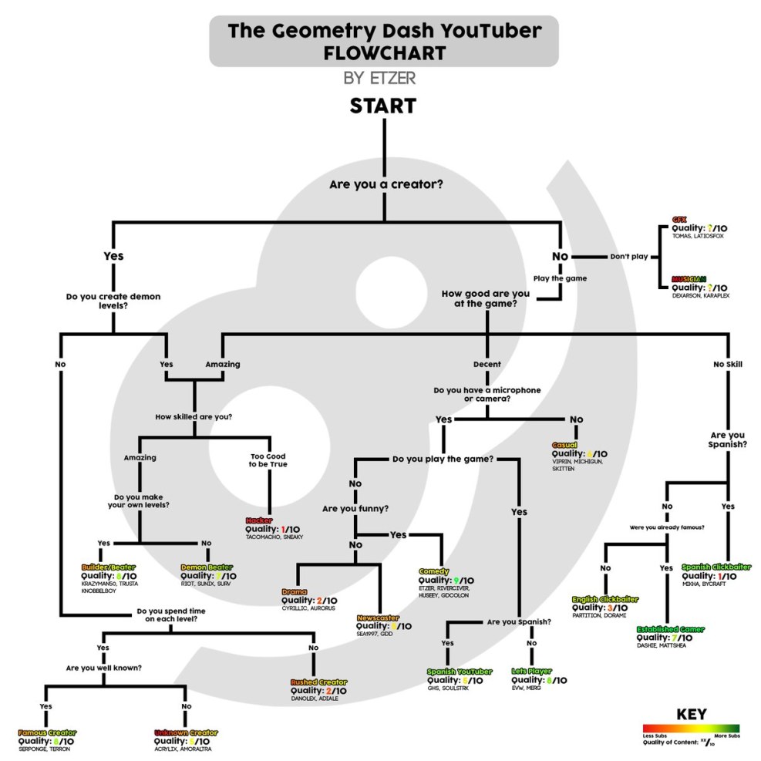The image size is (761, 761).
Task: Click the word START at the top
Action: click(383, 106)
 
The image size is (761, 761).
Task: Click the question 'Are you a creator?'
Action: click(386, 185)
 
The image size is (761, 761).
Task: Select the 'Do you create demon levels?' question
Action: click(113, 299)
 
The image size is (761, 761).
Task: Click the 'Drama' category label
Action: click(295, 591)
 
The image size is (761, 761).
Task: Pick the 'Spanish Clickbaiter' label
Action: click(716, 567)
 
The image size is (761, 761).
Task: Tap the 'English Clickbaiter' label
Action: click(605, 598)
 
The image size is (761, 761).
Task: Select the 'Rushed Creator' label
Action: click(318, 682)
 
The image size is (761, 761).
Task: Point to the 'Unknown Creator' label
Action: click(186, 732)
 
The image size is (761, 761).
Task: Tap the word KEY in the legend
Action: click(690, 714)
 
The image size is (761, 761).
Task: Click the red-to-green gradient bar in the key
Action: click(690, 728)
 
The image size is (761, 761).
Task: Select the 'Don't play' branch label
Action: click(628, 256)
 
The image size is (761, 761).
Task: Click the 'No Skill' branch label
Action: click(728, 364)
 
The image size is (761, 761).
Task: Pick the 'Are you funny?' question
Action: click(355, 509)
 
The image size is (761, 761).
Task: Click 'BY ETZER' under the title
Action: click(383, 78)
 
